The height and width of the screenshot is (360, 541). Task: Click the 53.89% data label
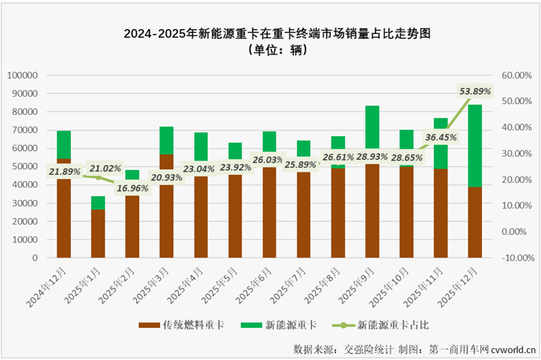(x=475, y=91)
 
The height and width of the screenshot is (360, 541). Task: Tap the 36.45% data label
(x=440, y=137)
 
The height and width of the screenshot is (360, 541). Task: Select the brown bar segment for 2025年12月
(x=475, y=222)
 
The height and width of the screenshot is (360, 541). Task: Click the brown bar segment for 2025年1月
(x=98, y=233)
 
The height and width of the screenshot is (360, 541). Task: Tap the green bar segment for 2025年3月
(x=166, y=139)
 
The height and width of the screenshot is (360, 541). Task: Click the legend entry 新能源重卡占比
(x=393, y=324)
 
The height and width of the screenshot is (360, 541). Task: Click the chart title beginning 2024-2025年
(x=270, y=34)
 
